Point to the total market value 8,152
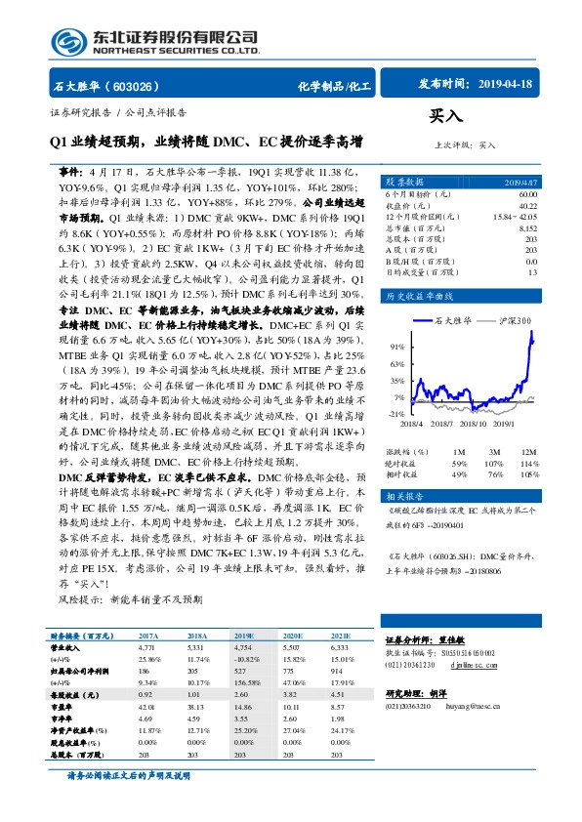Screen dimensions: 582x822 point(526,226)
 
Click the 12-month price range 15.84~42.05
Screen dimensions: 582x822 point(514,216)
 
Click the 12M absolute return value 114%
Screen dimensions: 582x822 point(529,462)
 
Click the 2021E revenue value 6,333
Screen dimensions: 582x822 point(340,646)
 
